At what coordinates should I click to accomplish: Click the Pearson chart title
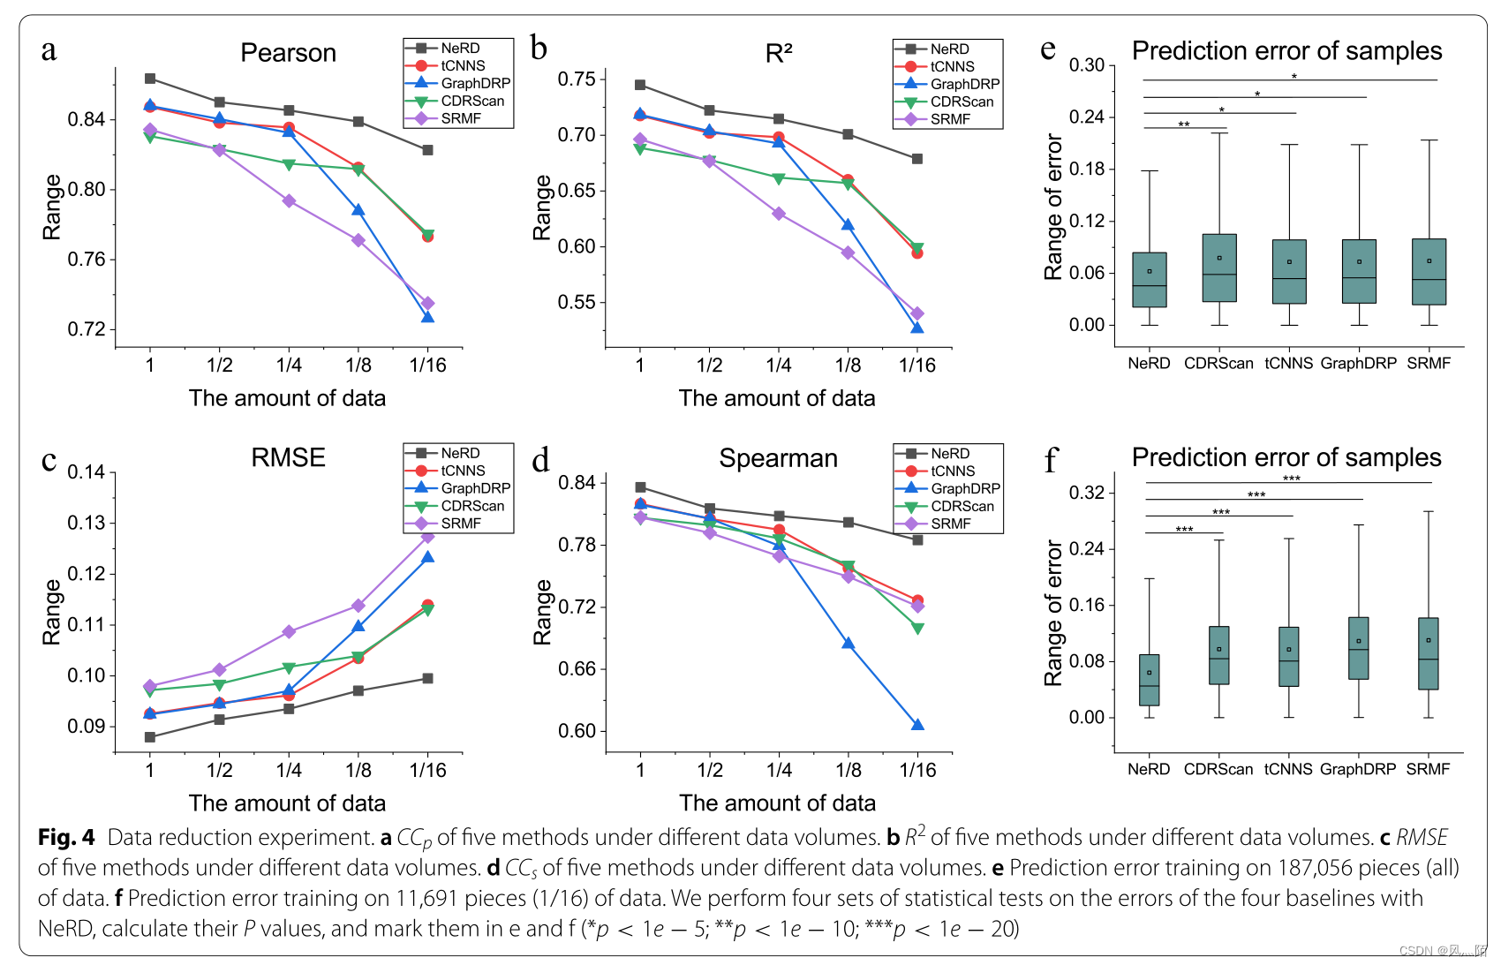[x=288, y=53]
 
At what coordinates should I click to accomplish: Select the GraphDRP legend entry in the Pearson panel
[x=475, y=83]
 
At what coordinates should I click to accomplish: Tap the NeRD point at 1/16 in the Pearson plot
[x=427, y=150]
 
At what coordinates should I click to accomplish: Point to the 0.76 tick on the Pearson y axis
[x=86, y=260]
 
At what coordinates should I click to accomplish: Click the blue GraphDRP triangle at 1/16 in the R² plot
[x=916, y=328]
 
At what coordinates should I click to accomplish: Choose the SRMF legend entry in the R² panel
[x=950, y=119]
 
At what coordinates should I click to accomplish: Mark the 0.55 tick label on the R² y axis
[x=576, y=303]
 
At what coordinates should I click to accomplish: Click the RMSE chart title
[x=288, y=457]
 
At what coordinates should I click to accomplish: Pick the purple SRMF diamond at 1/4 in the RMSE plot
[x=289, y=632]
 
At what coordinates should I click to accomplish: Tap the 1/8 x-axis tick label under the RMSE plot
[x=358, y=771]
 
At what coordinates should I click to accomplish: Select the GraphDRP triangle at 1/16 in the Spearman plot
[x=917, y=725]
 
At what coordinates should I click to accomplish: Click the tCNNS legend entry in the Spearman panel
[x=953, y=471]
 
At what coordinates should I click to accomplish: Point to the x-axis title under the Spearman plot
[x=777, y=803]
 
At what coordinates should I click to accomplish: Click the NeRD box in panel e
[x=1149, y=280]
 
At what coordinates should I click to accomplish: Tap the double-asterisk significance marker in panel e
[x=1184, y=124]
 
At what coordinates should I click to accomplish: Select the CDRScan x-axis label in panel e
[x=1218, y=364]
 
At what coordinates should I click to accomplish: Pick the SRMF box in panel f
[x=1428, y=653]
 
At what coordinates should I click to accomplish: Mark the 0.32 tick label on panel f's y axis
[x=1086, y=493]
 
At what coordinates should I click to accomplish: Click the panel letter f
[x=1050, y=461]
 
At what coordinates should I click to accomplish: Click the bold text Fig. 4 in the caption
[x=66, y=837]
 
